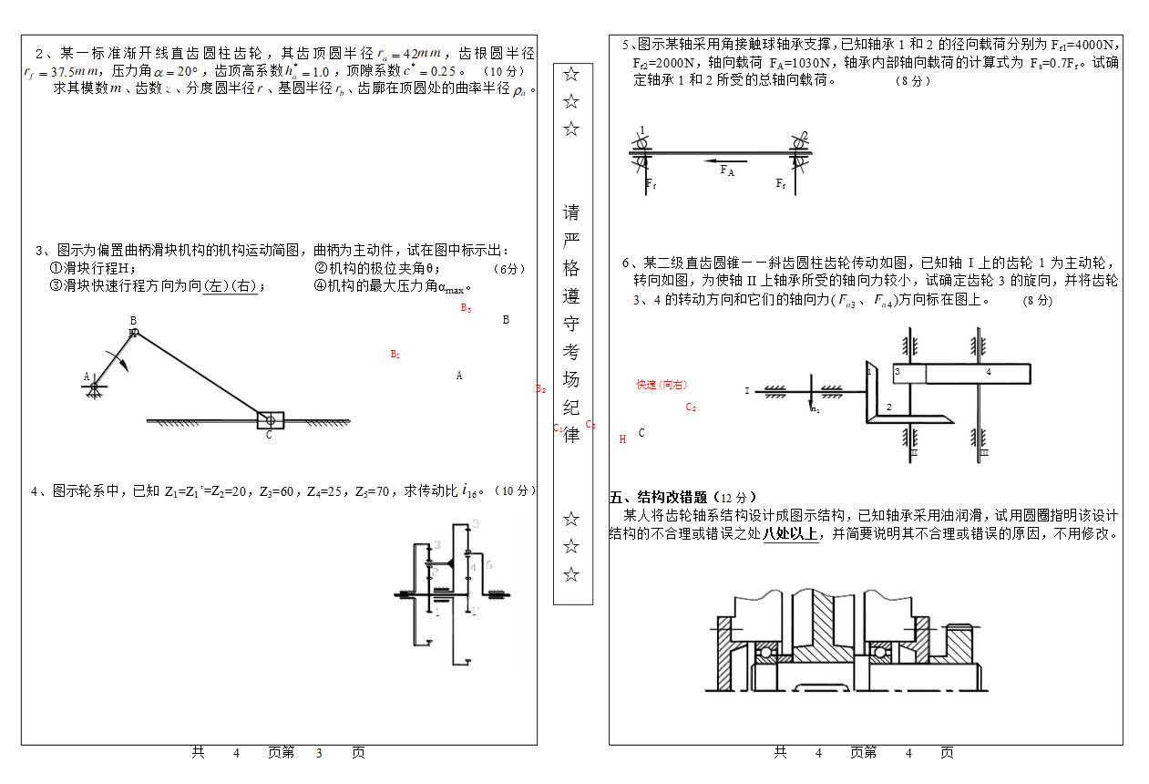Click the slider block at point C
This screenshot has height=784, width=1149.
270,420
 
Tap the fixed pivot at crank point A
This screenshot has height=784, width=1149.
94,387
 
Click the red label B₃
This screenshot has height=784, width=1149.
466,308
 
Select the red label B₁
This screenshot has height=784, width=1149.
395,354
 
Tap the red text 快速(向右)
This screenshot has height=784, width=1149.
662,385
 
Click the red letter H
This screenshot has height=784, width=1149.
623,439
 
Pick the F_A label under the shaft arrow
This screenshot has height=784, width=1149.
727,170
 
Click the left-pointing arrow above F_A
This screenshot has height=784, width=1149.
724,161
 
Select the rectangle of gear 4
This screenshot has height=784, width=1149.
978,373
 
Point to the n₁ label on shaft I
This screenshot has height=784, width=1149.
816,408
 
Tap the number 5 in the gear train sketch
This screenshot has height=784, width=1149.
476,524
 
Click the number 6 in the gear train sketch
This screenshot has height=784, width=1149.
489,564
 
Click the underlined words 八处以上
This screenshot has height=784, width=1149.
790,533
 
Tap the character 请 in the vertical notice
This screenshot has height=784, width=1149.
571,213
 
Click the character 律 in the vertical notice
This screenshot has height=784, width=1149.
571,435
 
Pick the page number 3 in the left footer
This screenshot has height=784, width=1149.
319,753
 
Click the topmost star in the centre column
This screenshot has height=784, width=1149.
571,74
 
